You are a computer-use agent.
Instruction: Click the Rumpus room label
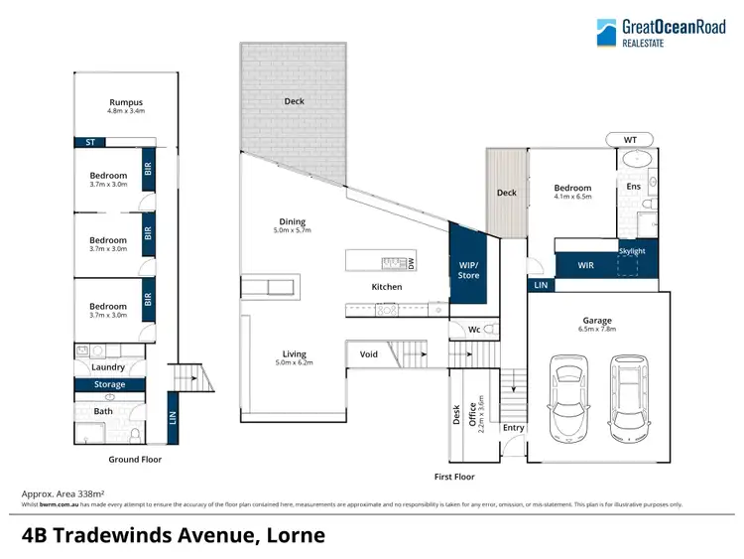pyautogui.click(x=126, y=102)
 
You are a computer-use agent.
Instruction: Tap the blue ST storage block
pyautogui.click(x=89, y=142)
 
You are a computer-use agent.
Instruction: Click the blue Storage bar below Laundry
pyautogui.click(x=109, y=384)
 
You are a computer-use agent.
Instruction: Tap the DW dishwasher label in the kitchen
pyautogui.click(x=411, y=262)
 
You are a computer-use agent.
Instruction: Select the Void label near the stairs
pyautogui.click(x=369, y=353)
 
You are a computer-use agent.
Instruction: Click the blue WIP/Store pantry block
pyautogui.click(x=467, y=270)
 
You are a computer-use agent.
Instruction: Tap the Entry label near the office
pyautogui.click(x=513, y=428)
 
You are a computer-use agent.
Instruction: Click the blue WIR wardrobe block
pyautogui.click(x=585, y=264)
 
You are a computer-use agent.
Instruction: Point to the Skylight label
pyautogui.click(x=632, y=251)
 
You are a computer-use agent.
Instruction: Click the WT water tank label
pyautogui.click(x=630, y=139)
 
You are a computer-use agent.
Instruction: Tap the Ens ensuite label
pyautogui.click(x=633, y=186)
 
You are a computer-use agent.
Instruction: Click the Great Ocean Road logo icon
pyautogui.click(x=605, y=34)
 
